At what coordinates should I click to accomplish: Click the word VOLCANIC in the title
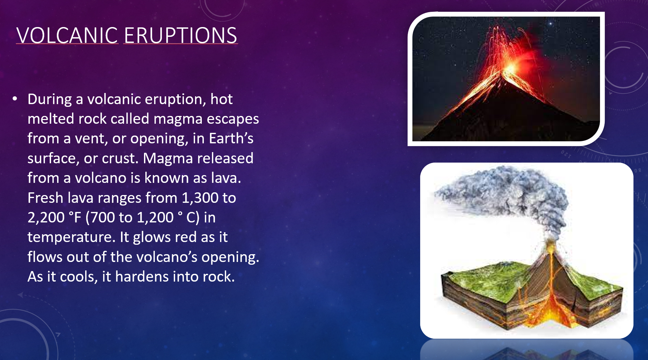[x=67, y=35]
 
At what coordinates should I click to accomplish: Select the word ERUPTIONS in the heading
[x=181, y=35]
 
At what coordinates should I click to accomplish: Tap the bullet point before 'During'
[x=15, y=99]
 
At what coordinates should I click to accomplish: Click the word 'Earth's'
[x=231, y=138]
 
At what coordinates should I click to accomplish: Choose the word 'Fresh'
[x=46, y=198]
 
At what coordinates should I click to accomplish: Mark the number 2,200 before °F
[x=46, y=218]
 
